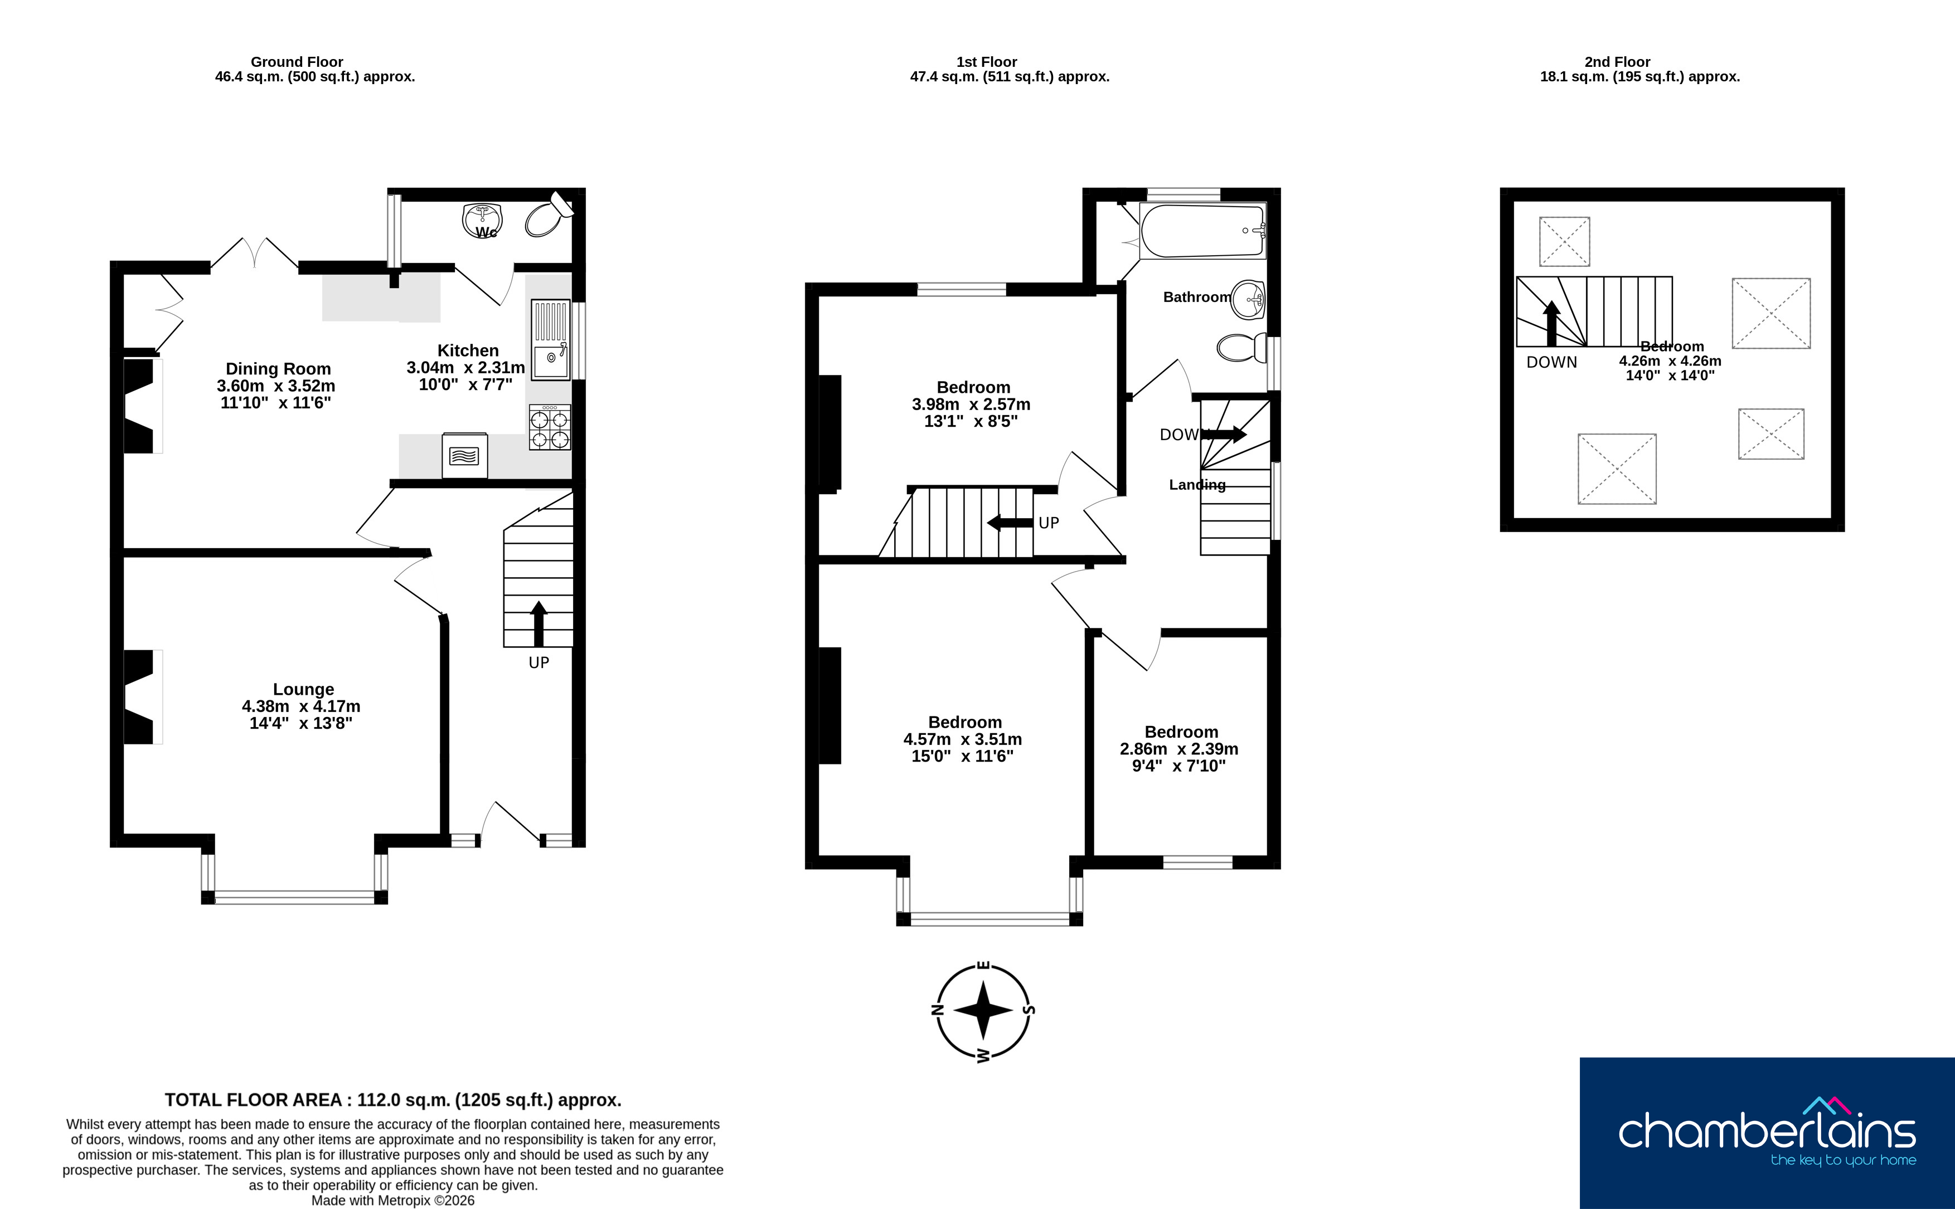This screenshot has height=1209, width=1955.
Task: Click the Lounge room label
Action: [x=303, y=689]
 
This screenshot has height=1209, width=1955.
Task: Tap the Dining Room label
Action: [x=278, y=369]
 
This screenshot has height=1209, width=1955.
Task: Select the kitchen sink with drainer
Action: [x=550, y=340]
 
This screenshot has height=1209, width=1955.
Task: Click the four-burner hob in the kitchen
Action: [x=550, y=427]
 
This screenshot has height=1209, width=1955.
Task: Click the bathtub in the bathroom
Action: [x=1203, y=230]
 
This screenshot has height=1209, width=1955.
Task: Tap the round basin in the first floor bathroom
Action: [x=1248, y=300]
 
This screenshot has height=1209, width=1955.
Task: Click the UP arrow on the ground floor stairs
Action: [x=539, y=623]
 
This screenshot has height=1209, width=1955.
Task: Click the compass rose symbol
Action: [x=984, y=1011]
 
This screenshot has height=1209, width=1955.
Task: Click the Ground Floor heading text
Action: [x=297, y=62]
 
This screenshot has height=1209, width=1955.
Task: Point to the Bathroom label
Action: [x=1197, y=296]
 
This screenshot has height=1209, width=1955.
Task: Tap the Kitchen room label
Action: [x=468, y=350]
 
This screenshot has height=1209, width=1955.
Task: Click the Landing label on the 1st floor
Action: [x=1197, y=485]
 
